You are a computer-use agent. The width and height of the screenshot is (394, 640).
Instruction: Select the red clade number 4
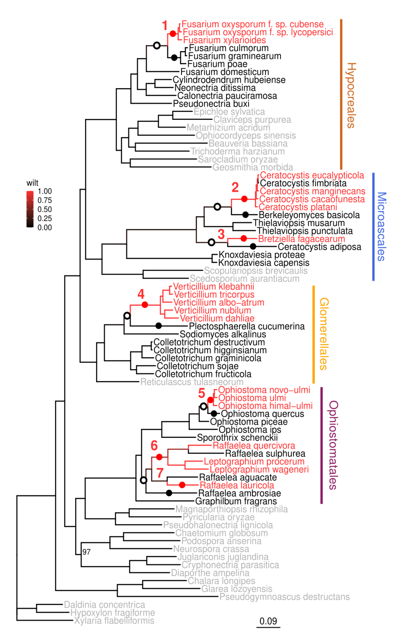(x=141, y=294)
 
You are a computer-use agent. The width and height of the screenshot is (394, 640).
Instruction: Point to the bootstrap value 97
(x=86, y=552)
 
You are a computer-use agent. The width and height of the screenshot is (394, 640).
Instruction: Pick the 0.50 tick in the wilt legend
(x=45, y=209)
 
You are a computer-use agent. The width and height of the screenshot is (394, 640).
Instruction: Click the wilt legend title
(x=32, y=183)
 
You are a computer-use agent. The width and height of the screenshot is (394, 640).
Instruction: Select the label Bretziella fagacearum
(x=302, y=239)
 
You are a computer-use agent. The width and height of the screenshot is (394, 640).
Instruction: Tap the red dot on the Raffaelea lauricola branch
(x=182, y=485)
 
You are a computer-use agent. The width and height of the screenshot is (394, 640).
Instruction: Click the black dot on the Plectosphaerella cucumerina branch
(x=158, y=326)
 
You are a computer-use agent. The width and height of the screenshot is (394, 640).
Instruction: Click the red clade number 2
(x=235, y=187)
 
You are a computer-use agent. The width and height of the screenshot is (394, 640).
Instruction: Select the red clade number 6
(x=154, y=446)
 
